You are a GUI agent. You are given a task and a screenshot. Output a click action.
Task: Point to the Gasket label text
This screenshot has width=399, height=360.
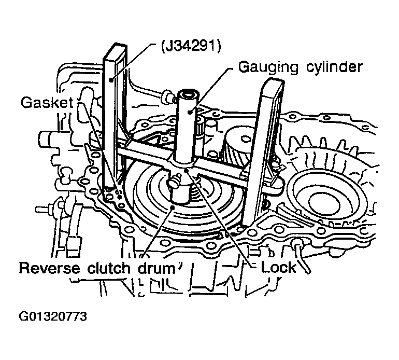pos(45,103)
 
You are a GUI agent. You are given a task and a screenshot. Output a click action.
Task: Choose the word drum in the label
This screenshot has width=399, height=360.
pos(159,269)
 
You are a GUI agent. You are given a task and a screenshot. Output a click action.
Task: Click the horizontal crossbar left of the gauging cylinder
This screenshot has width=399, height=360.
pos(145,153)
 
